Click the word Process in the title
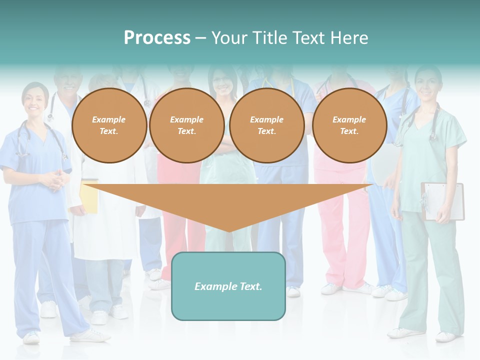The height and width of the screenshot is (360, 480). (157, 37)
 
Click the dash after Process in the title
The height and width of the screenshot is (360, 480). (200, 38)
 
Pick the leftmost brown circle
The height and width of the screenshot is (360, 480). (109, 125)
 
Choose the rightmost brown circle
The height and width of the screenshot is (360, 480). (349, 125)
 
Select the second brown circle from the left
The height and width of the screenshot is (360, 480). (187, 125)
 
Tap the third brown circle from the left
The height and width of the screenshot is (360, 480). (267, 125)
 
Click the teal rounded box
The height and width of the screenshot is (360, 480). (228, 286)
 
